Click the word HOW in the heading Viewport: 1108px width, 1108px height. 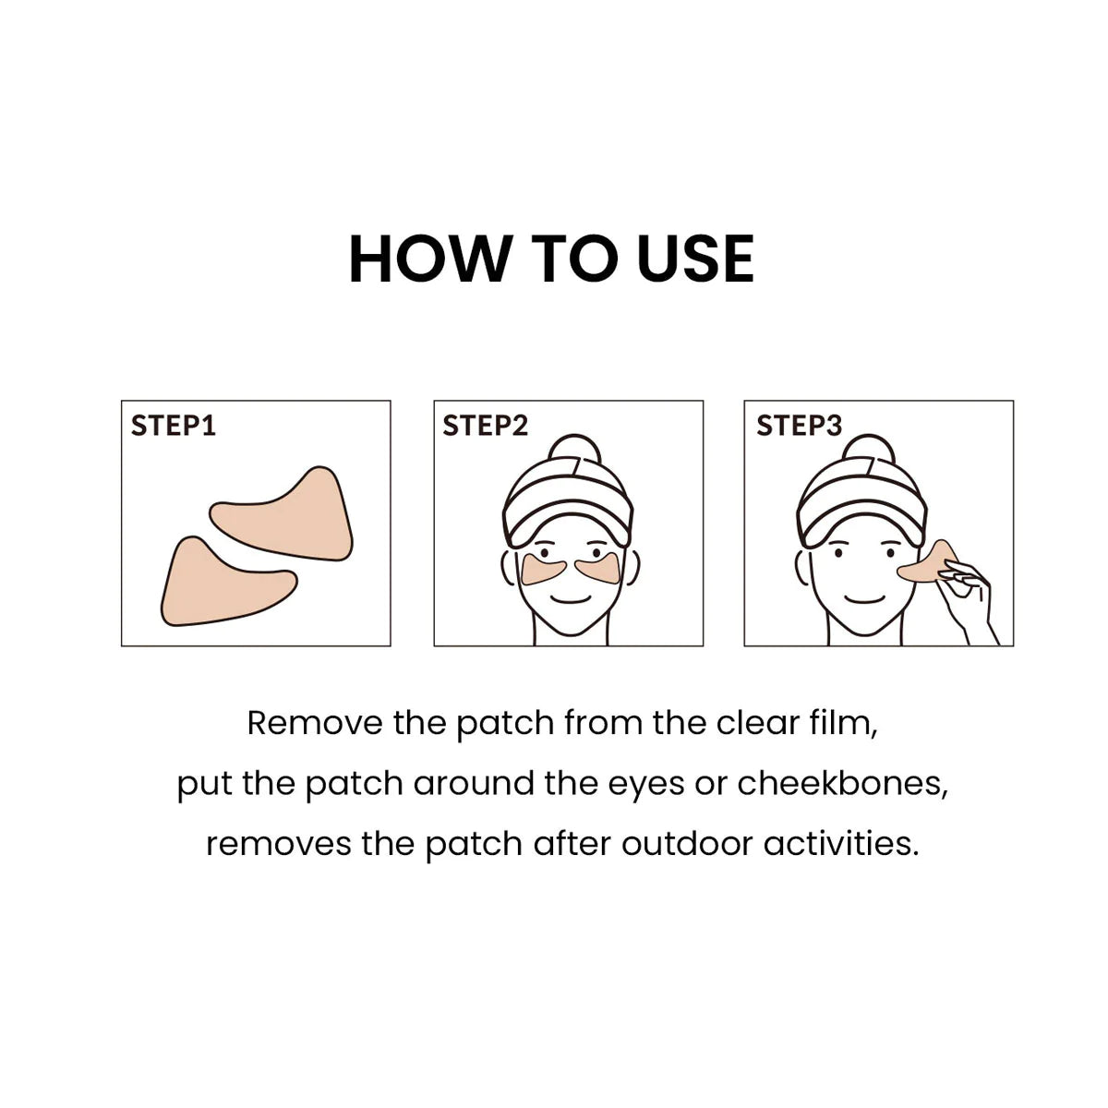point(430,259)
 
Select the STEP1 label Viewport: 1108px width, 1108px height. point(173,426)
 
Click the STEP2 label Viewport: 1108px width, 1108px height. point(485,426)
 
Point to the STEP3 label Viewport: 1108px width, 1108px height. point(799,426)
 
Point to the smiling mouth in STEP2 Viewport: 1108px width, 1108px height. point(571,600)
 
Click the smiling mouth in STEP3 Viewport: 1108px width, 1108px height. point(865,600)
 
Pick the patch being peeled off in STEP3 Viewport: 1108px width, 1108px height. point(927,562)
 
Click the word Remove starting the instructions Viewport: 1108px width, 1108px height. point(315,723)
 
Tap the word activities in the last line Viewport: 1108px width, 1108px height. point(841,844)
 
